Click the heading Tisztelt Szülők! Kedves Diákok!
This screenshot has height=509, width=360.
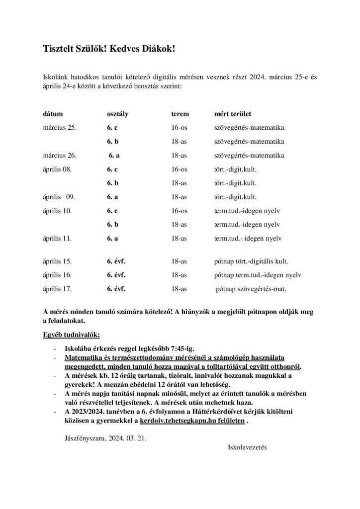109,49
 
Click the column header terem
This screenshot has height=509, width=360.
180,114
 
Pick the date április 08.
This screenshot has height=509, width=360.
58,169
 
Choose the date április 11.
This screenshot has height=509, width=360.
58,239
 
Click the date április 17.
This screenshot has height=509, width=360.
58,288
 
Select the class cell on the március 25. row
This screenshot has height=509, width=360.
112,128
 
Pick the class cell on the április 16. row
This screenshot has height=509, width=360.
116,274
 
